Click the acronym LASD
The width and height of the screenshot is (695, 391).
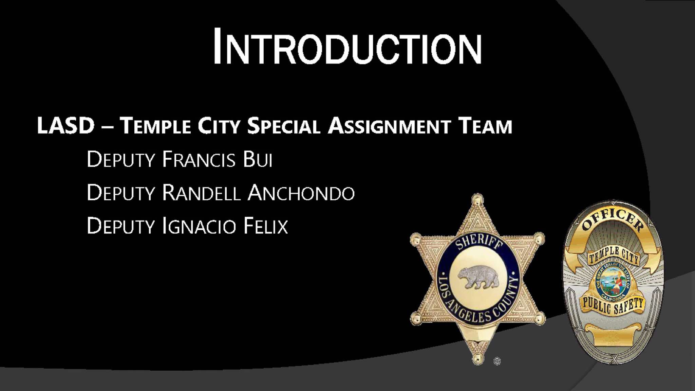65,125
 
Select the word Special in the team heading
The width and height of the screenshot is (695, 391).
284,125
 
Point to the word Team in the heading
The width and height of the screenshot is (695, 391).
485,126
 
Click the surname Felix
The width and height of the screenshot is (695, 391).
266,226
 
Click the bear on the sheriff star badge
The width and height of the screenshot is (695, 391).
478,277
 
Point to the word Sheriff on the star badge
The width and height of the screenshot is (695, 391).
479,242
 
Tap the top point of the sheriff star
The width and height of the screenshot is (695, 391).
477,197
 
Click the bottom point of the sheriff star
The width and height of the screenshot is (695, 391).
478,359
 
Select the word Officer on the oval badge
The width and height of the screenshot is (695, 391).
613,220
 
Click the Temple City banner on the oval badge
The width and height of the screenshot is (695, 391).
614,255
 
